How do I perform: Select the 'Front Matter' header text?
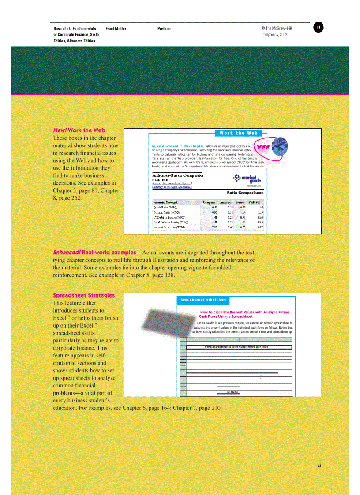[116, 29]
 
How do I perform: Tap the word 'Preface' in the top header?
[164, 29]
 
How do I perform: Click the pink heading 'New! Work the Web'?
[79, 130]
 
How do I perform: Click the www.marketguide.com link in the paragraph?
[167, 163]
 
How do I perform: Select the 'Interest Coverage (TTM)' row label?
[169, 227]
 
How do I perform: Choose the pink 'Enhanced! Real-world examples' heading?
[94, 253]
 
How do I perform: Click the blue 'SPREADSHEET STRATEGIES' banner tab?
[203, 300]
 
